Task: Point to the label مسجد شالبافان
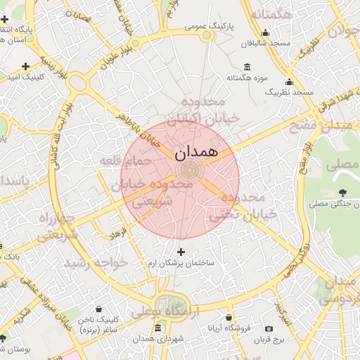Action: coord(266,43)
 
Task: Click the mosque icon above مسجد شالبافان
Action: coord(266,32)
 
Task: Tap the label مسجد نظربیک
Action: coord(289,92)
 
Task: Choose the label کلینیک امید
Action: coord(25,77)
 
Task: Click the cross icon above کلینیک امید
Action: coord(25,67)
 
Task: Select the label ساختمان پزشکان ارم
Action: coord(181,263)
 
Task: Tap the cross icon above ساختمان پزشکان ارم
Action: coord(181,252)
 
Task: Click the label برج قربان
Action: coord(268,340)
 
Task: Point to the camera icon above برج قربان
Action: coord(269,329)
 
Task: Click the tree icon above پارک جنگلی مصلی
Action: coord(342,193)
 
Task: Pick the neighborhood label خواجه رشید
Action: coord(96,262)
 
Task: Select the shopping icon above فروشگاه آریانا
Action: coord(228,317)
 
